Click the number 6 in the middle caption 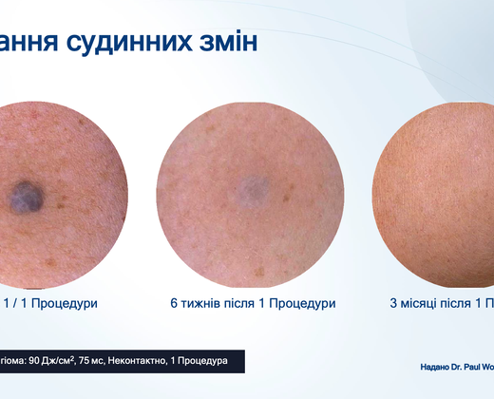click(x=174, y=303)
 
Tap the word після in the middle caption click(x=254, y=303)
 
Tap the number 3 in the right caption click(x=394, y=303)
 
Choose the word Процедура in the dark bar click(x=203, y=362)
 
